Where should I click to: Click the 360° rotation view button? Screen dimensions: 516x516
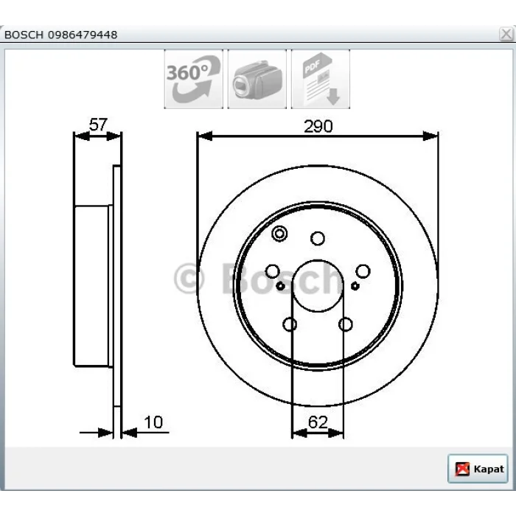pos(193,79)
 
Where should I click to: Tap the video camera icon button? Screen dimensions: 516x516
pos(257,79)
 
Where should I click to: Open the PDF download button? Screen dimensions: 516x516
pos(321,79)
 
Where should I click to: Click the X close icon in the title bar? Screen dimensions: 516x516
pos(506,34)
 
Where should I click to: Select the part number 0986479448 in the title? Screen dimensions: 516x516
pos(83,35)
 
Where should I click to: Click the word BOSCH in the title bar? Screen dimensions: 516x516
pos(24,35)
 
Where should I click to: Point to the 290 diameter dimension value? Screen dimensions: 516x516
pos(318,126)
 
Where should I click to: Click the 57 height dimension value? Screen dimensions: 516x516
pos(98,125)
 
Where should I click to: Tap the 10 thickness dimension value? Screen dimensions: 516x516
pos(153,422)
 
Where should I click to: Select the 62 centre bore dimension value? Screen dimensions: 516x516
pos(318,422)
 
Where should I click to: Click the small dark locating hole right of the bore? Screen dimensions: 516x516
pos(355,286)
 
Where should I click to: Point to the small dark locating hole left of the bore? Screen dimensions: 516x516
pos(280,286)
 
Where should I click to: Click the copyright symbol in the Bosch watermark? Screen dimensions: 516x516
pos(189,279)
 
